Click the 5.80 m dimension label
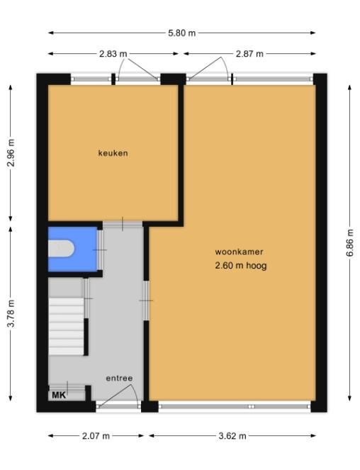click(x=181, y=33)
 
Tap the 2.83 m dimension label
click(x=113, y=54)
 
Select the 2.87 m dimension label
click(x=249, y=54)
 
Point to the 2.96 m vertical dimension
click(x=11, y=153)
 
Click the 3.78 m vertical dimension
click(x=11, y=313)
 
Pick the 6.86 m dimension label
click(x=350, y=242)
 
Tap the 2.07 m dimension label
click(x=96, y=436)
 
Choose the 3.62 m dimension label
click(x=232, y=436)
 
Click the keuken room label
click(x=113, y=153)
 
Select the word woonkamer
click(x=240, y=252)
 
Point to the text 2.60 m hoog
click(x=241, y=266)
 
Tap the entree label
click(x=119, y=379)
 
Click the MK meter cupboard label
click(x=59, y=396)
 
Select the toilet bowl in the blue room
click(x=61, y=249)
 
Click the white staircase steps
click(x=66, y=326)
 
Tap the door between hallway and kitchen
click(x=123, y=224)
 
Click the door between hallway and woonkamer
click(x=146, y=301)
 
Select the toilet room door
click(x=100, y=250)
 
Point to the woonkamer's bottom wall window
click(x=235, y=406)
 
